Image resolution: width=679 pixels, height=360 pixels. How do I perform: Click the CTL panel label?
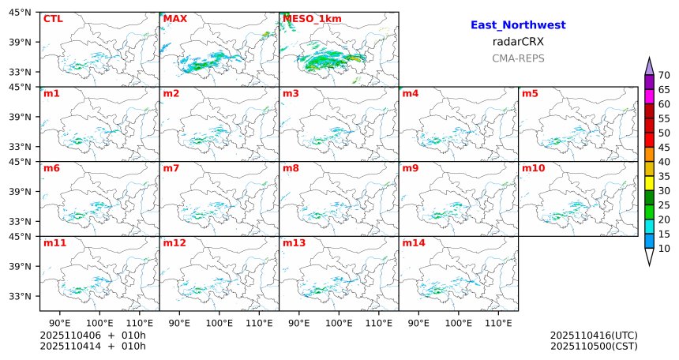(x=53, y=18)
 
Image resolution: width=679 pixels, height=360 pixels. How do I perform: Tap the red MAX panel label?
(x=174, y=18)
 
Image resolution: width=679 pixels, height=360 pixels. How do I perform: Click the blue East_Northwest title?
(x=517, y=25)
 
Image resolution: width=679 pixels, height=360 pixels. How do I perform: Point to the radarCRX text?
(x=517, y=42)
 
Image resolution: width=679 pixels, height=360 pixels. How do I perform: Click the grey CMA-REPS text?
(x=518, y=58)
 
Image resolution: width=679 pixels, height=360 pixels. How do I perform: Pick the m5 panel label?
(x=531, y=94)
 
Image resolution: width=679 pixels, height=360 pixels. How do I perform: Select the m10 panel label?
(x=533, y=168)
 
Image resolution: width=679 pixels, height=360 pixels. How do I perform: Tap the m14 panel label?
(x=414, y=242)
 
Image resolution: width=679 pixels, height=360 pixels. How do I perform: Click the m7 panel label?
(x=171, y=168)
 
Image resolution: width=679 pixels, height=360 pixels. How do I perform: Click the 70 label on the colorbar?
(x=664, y=75)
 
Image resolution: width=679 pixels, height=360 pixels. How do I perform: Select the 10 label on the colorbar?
(x=664, y=249)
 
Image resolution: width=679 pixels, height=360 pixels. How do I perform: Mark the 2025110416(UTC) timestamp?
(x=594, y=336)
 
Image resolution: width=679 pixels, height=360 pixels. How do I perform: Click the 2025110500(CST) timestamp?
(x=594, y=346)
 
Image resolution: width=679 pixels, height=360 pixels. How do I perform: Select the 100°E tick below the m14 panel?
(x=458, y=323)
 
